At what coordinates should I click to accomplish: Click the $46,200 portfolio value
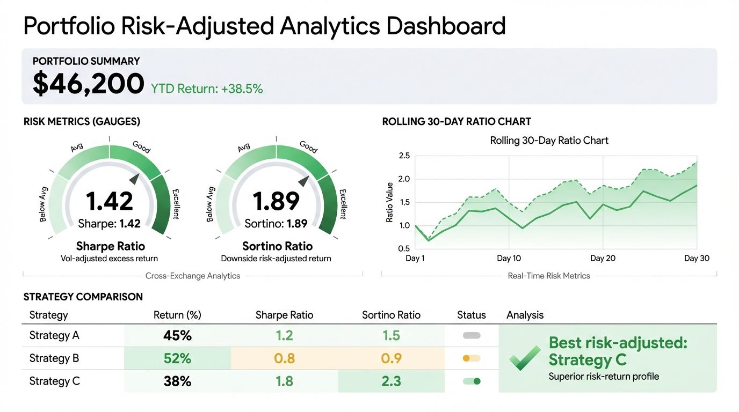(x=88, y=84)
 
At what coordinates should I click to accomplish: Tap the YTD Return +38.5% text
(x=207, y=89)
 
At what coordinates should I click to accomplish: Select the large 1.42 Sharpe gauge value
(x=110, y=201)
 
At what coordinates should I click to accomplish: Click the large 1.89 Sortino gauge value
(x=276, y=201)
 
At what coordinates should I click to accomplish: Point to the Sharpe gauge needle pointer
(x=134, y=179)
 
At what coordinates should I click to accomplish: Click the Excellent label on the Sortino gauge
(x=342, y=204)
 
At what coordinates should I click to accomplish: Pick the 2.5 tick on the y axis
(x=404, y=156)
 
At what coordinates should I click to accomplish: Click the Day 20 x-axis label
(x=603, y=259)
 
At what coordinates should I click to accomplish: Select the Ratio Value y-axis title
(x=390, y=203)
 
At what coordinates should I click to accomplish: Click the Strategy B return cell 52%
(x=177, y=358)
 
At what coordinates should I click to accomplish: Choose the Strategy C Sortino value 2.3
(x=391, y=381)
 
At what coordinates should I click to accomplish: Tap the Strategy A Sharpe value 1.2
(x=284, y=336)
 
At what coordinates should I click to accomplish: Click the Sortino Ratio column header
(x=391, y=315)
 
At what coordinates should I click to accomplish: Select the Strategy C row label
(x=54, y=381)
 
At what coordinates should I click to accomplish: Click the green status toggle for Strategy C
(x=472, y=381)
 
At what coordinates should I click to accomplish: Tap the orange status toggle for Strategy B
(x=472, y=358)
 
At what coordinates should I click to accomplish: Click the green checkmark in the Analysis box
(x=524, y=358)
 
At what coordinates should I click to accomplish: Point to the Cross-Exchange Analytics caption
(x=193, y=276)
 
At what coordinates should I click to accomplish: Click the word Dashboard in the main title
(x=446, y=26)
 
